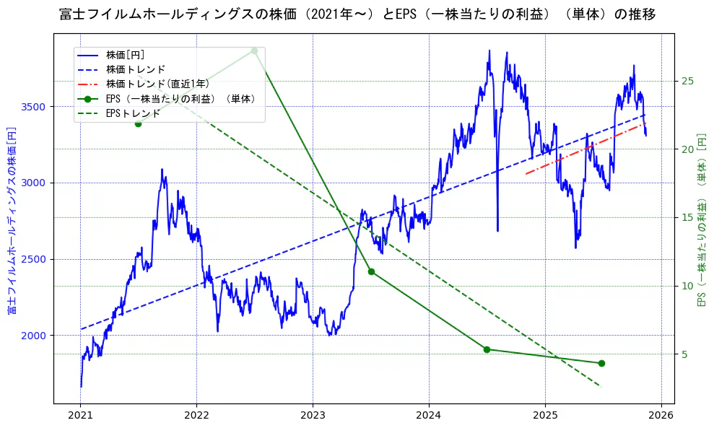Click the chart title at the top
[357, 14]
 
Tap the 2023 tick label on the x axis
[313, 416]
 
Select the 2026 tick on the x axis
[661, 416]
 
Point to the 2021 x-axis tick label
[80, 416]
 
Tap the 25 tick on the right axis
[687, 81]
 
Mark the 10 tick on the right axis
[687, 286]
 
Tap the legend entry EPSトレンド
[133, 113]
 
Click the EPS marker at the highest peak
[254, 51]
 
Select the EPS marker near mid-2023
[371, 271]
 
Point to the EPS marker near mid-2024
[487, 349]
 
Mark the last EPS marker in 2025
[601, 363]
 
